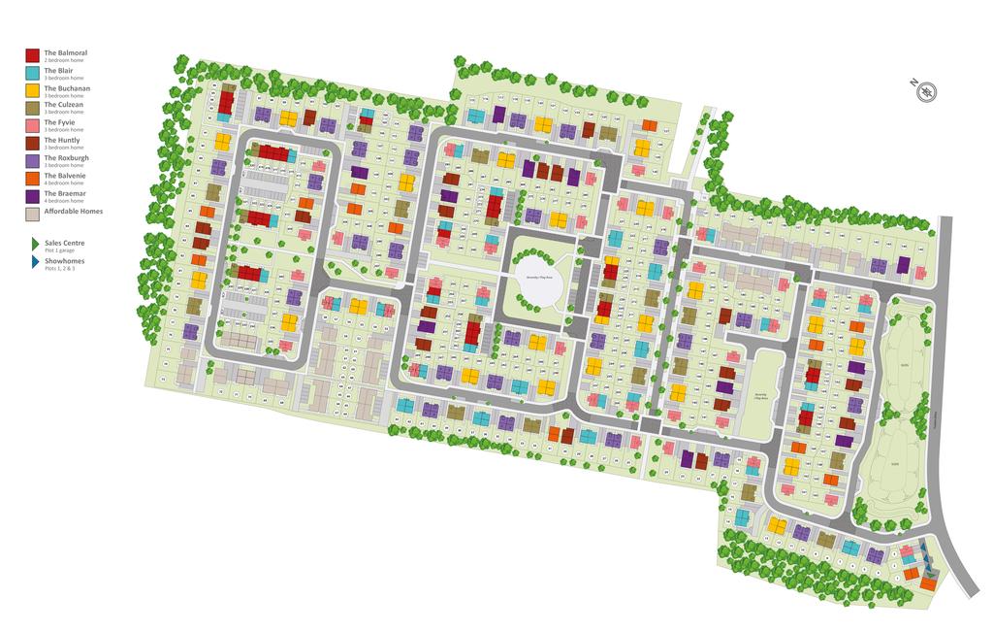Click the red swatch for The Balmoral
pos(32,56)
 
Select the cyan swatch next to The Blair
pos(32,74)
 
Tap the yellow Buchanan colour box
pos(32,91)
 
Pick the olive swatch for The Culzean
pos(32,109)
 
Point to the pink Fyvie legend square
pos(32,126)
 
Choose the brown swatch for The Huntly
pos(32,144)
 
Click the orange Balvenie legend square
pos(32,179)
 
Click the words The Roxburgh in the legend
pos(66,157)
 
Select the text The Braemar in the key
pos(65,192)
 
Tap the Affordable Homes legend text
pos(73,211)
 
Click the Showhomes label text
pos(64,260)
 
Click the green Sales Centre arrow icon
pos(34,245)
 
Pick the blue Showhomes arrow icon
pos(34,262)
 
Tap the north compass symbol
pos(927,92)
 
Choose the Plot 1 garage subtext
pos(61,250)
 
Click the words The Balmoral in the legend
pos(66,52)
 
